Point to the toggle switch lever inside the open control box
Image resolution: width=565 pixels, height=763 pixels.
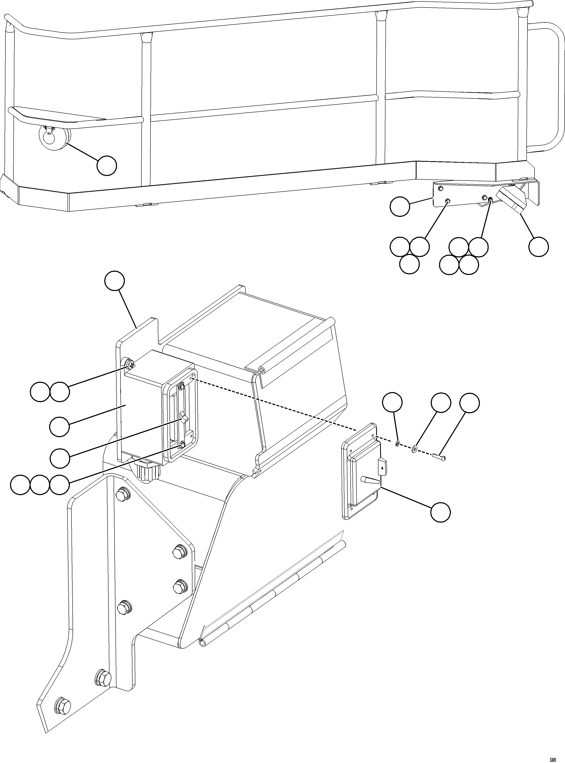tap(184, 419)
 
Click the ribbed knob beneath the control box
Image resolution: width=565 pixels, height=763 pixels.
tap(148, 473)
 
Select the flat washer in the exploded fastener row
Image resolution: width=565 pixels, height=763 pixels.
tap(414, 449)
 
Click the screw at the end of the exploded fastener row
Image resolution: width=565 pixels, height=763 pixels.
tap(438, 457)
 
